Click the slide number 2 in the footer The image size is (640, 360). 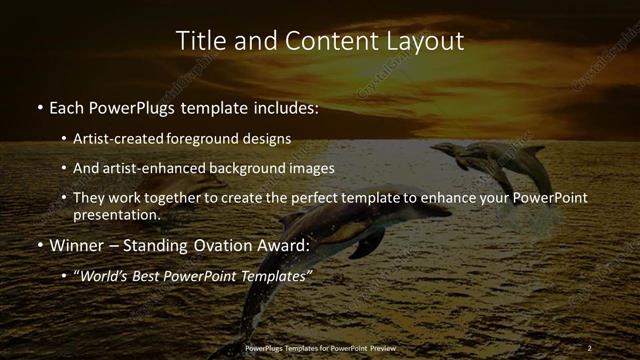point(590,347)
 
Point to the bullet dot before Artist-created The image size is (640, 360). point(64,139)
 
